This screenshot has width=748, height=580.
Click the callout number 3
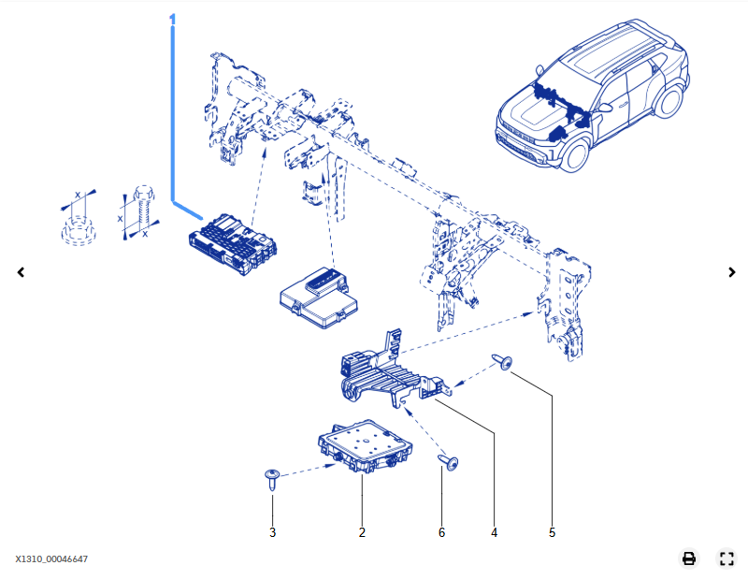click(272, 532)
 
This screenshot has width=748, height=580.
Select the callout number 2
click(362, 532)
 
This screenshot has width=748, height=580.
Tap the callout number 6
click(441, 532)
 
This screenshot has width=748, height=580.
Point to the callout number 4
click(495, 532)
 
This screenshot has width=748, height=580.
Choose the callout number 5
click(552, 532)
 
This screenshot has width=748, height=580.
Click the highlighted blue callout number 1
click(172, 19)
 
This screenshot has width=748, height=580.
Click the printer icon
click(689, 558)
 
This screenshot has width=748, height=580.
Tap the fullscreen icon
click(726, 558)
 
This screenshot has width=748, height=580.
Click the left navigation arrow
click(21, 272)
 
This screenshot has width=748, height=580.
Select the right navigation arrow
click(732, 272)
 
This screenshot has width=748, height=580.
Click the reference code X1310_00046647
click(51, 559)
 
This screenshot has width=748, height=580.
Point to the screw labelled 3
click(272, 479)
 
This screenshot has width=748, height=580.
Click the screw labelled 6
click(449, 462)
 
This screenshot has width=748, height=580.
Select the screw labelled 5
click(502, 362)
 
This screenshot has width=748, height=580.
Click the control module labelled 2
click(365, 446)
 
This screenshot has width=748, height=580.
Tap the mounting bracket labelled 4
click(394, 370)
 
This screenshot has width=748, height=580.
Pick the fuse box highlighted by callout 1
click(233, 244)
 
